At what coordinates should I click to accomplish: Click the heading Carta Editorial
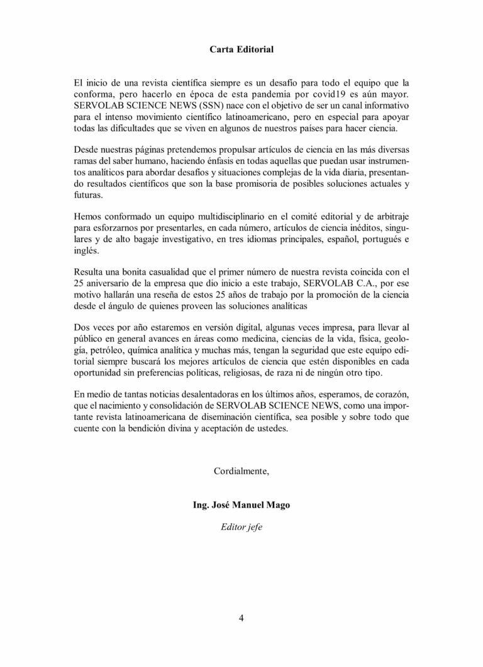[241, 48]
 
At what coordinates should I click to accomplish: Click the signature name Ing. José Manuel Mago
[241, 505]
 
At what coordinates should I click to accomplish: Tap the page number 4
[241, 617]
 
